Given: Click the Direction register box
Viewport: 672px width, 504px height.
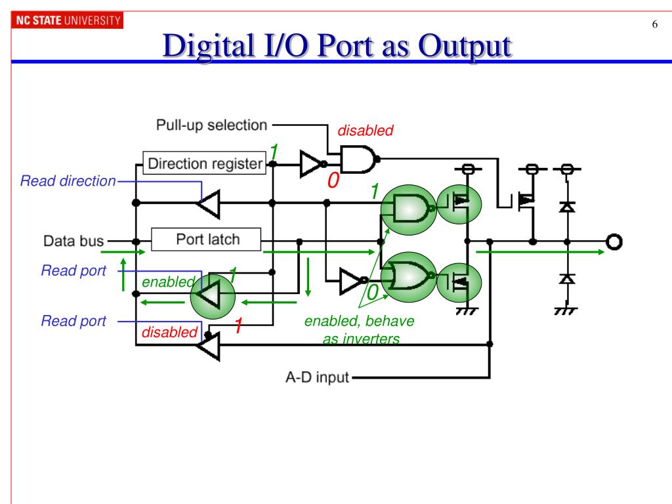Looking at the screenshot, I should pyautogui.click(x=205, y=163).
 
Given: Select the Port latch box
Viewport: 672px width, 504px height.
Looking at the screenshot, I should pyautogui.click(x=207, y=240).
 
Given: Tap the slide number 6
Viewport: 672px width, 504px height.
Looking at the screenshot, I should pyautogui.click(x=654, y=26).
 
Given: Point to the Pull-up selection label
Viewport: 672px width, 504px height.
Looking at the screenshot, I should pyautogui.click(x=211, y=125).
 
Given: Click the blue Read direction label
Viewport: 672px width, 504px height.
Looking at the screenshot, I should pyautogui.click(x=68, y=181).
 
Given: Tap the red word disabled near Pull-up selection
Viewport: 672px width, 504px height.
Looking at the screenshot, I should pyautogui.click(x=365, y=131).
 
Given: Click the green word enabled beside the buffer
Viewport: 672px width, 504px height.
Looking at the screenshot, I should pyautogui.click(x=168, y=282).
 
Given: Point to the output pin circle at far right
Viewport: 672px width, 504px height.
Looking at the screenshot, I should pyautogui.click(x=614, y=241).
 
